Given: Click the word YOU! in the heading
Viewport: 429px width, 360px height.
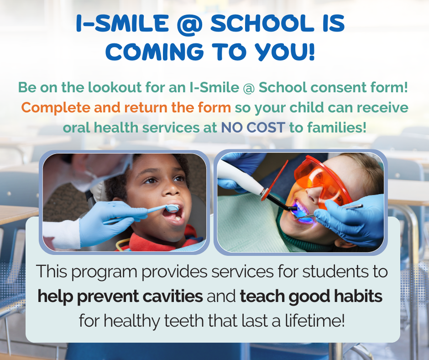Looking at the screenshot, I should click(x=286, y=52).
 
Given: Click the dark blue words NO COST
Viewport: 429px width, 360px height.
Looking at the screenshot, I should click(x=254, y=128).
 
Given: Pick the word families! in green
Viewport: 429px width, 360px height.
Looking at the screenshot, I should click(x=329, y=128).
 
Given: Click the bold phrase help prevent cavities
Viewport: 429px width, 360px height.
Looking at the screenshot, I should click(x=120, y=296).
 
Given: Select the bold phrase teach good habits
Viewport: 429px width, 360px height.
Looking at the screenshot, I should click(x=311, y=296).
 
